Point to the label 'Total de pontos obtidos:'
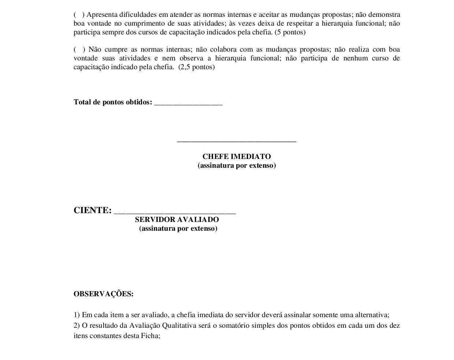(113, 102)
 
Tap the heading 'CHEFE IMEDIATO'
(237, 157)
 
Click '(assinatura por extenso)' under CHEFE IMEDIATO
(237, 166)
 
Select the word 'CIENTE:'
(93, 211)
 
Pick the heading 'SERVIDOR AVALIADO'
(177, 220)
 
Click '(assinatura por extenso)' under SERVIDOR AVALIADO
(178, 229)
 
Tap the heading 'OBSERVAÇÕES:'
(104, 294)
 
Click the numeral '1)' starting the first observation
(77, 315)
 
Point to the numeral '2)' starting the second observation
(77, 326)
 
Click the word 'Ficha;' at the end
(150, 336)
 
